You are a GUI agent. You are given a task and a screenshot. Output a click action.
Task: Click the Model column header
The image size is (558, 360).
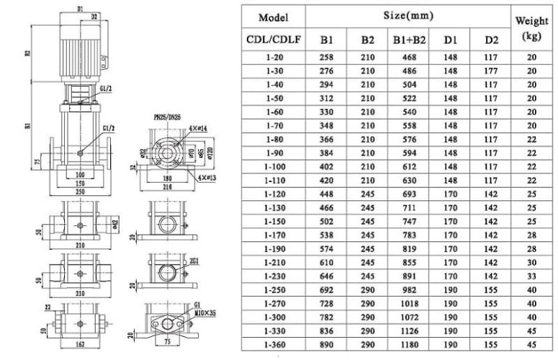pyautogui.click(x=273, y=17)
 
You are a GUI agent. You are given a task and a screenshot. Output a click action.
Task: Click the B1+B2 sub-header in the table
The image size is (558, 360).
pyautogui.click(x=408, y=41)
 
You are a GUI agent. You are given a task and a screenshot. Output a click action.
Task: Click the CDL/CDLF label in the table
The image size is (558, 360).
pyautogui.click(x=273, y=41)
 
